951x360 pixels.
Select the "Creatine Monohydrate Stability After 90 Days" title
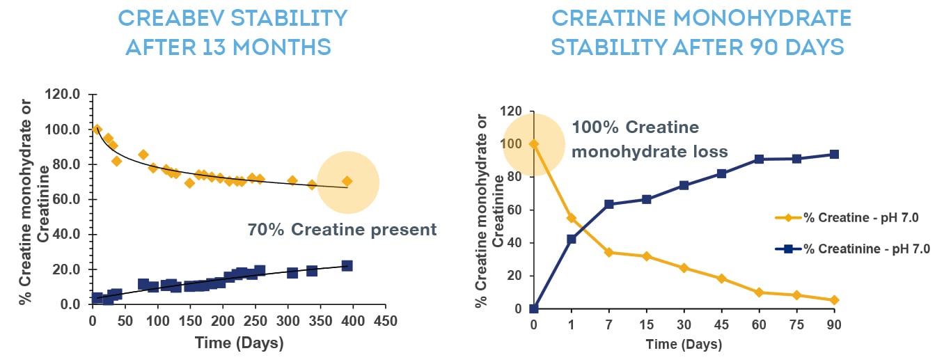[x=698, y=31]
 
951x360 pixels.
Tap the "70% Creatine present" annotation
[x=342, y=230]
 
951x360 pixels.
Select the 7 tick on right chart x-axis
[x=608, y=325]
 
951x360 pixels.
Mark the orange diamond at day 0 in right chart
[x=533, y=144]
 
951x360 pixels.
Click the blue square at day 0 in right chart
[x=533, y=308]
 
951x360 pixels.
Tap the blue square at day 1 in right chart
[x=571, y=239]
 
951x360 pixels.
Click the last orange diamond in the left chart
[x=347, y=181]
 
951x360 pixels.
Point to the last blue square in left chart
[x=347, y=266]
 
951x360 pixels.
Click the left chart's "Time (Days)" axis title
[x=239, y=342]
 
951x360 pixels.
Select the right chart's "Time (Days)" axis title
[x=684, y=345]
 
